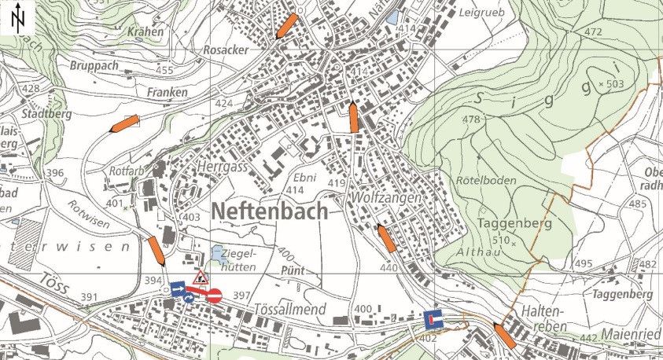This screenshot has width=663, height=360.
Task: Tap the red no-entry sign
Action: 215,296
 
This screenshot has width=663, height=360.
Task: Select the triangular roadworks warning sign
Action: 201,277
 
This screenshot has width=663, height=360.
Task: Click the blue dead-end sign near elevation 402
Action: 433,319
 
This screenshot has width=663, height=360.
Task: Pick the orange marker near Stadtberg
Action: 125,123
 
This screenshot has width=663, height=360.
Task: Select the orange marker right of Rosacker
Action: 287,26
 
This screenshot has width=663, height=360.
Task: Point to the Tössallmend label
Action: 292,310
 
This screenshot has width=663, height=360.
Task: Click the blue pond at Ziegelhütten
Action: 215,254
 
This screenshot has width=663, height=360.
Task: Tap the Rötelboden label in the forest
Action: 486,181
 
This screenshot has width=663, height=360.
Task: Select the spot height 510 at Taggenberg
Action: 494,241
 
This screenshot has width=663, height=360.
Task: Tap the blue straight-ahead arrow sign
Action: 178,289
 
